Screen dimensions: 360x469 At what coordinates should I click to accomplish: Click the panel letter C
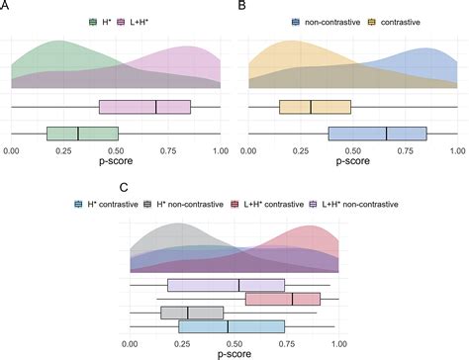pos(123,186)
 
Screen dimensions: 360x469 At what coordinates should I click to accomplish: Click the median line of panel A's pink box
pos(156,107)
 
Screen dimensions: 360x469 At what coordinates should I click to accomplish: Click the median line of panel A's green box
pos(78,133)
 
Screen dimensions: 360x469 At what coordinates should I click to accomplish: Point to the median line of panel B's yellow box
pos(311,107)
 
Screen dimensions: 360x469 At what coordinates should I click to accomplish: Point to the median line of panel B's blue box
pos(387,133)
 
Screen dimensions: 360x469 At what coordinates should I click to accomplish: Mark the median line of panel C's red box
pos(292,299)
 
